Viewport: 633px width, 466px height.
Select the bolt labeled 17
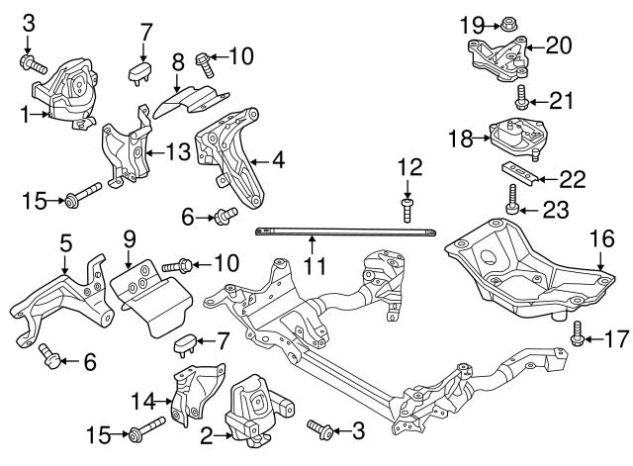(x=578, y=340)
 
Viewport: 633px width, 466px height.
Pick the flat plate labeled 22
(x=519, y=171)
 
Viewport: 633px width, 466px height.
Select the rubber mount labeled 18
(x=518, y=140)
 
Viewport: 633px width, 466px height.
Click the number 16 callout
(x=602, y=238)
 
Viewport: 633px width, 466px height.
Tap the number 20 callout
(x=560, y=45)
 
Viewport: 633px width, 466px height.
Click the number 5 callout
(x=65, y=241)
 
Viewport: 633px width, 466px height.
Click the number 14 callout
(x=142, y=401)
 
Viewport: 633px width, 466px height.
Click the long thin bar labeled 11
(x=346, y=231)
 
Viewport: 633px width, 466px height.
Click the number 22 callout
(x=572, y=178)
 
